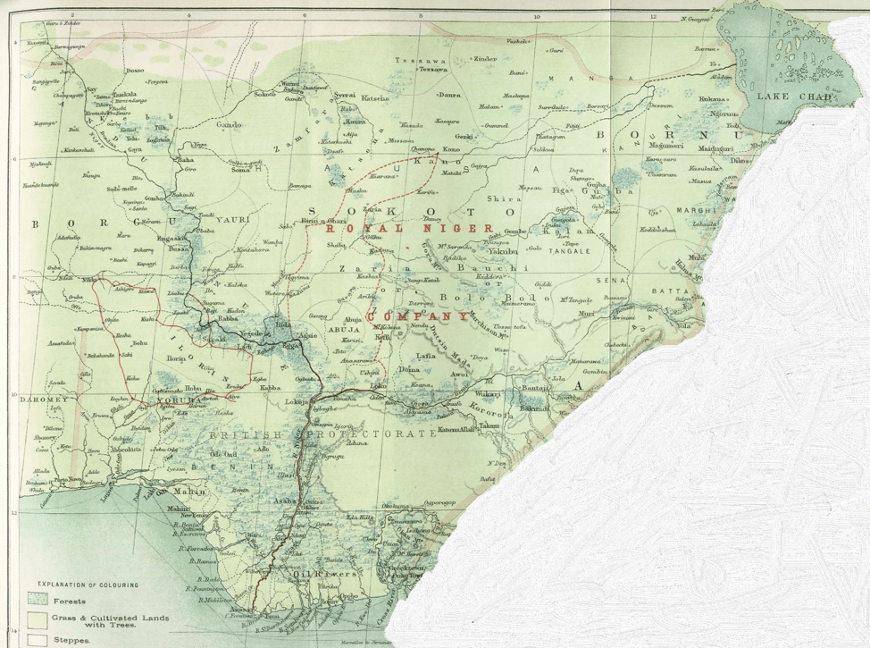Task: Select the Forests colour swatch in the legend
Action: tap(38, 600)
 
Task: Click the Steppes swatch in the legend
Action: tap(38, 640)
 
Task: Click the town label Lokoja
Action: tap(292, 403)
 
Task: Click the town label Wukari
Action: tap(487, 393)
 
